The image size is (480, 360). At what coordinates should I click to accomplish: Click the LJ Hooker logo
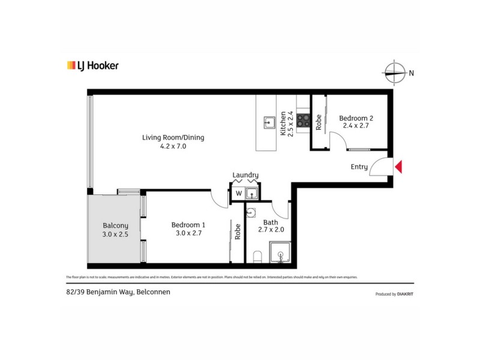(x=92, y=65)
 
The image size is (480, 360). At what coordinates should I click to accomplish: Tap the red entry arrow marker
(x=398, y=167)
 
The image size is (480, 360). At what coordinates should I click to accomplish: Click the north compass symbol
(x=394, y=73)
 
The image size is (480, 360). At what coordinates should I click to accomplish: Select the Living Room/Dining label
(x=173, y=137)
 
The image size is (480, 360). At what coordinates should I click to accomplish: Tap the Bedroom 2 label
(x=356, y=118)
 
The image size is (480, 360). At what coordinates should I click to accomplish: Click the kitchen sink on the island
(x=268, y=124)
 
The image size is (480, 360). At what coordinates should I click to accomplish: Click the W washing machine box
(x=238, y=193)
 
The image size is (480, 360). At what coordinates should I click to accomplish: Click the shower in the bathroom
(x=280, y=252)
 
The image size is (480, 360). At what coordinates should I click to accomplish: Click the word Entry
(x=359, y=167)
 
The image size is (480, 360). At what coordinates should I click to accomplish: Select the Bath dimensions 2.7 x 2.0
(x=270, y=229)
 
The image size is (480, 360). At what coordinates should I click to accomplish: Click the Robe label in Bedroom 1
(x=238, y=232)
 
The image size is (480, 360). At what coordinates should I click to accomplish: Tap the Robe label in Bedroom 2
(x=319, y=122)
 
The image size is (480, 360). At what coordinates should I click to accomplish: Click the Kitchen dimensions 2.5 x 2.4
(x=291, y=124)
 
